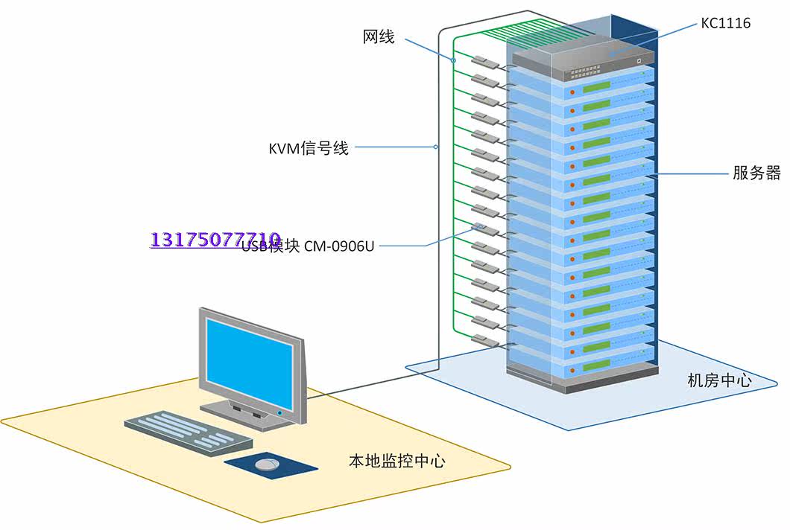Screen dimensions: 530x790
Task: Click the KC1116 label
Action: [725, 23]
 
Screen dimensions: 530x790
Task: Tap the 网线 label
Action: [379, 36]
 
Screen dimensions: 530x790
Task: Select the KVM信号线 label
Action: [309, 148]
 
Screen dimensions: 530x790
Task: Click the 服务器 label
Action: [756, 173]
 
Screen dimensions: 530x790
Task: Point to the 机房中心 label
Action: [719, 380]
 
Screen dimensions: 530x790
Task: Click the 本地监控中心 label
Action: [397, 461]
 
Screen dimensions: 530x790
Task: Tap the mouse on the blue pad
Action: [266, 464]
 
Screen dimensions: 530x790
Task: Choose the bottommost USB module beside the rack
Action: [484, 341]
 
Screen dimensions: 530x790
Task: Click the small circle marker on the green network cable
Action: [453, 59]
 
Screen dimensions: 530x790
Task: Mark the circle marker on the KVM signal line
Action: [437, 147]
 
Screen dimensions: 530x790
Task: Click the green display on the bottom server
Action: [597, 364]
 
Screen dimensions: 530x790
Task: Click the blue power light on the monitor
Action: [279, 411]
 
